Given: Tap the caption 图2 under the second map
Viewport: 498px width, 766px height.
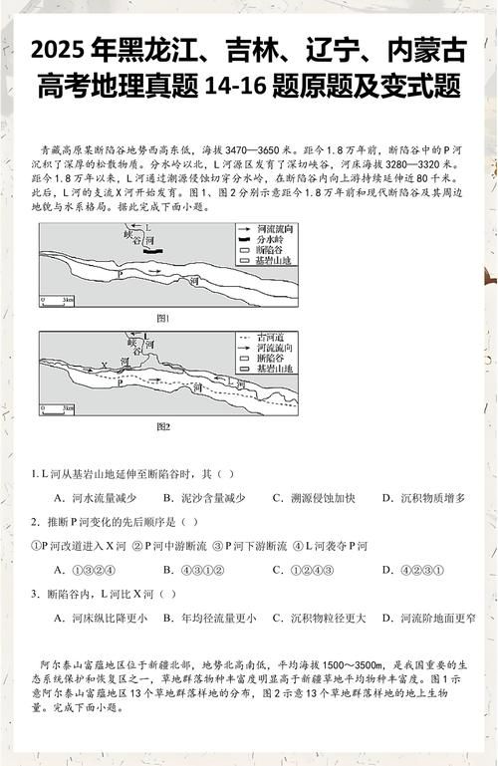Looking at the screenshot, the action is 164,426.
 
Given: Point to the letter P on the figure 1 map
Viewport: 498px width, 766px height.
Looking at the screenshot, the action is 122,272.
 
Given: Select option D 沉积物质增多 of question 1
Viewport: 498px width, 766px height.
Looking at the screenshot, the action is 431,497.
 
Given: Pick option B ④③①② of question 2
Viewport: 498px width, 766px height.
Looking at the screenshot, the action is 198,570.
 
